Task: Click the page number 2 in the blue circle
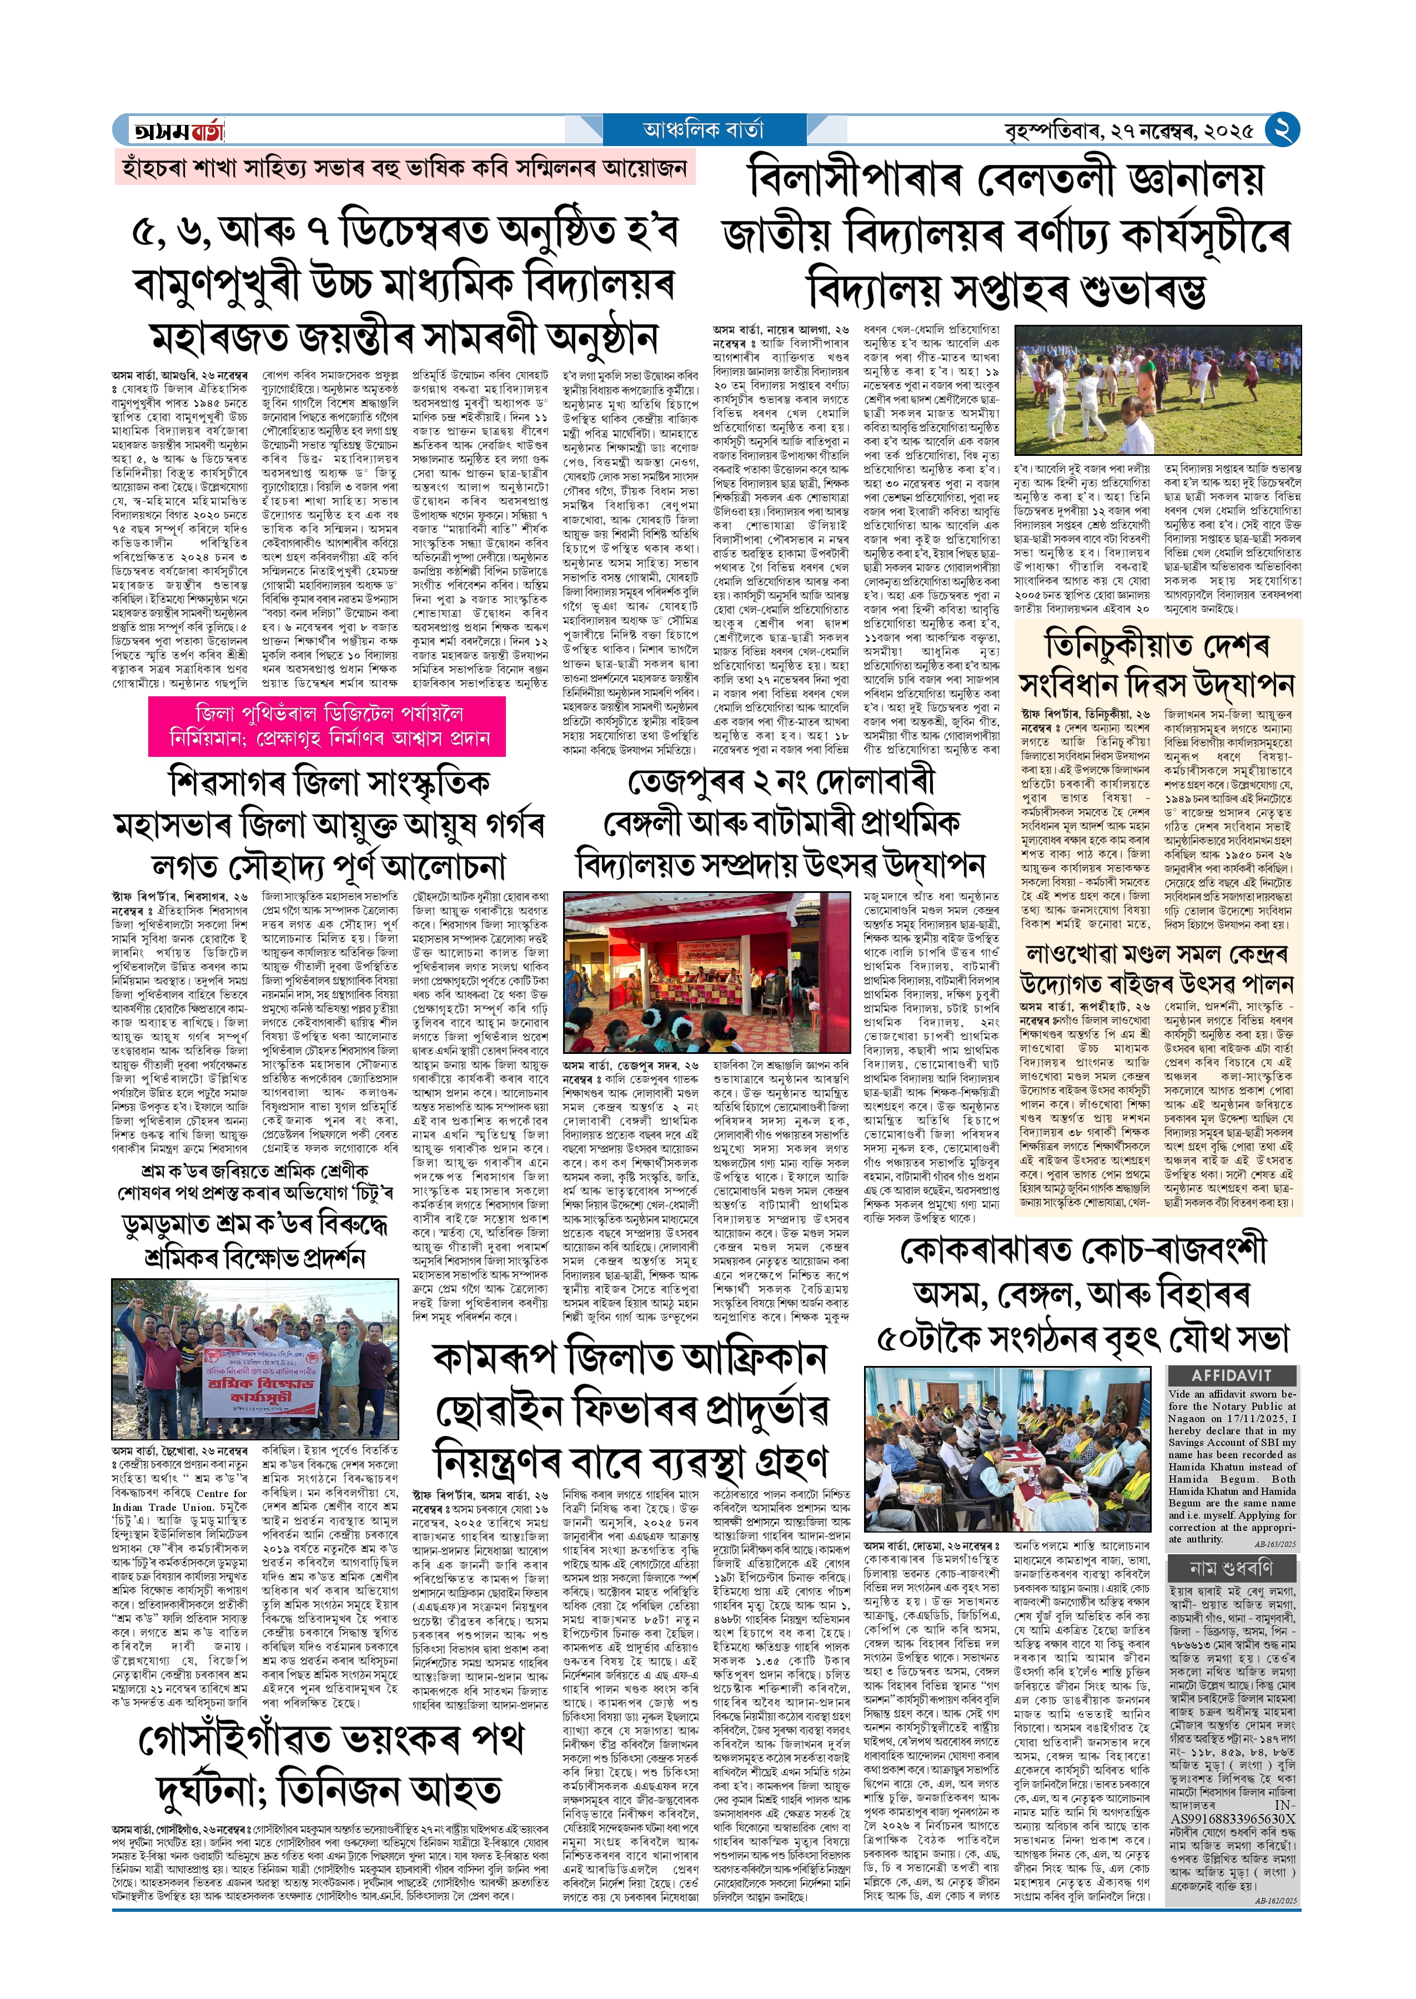[x=1282, y=130]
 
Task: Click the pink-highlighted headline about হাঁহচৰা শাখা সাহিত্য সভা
[x=405, y=167]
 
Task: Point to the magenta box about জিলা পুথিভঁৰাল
[x=327, y=725]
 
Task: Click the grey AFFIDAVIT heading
[x=1231, y=1375]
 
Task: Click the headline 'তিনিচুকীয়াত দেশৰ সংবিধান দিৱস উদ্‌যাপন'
[x=1157, y=664]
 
